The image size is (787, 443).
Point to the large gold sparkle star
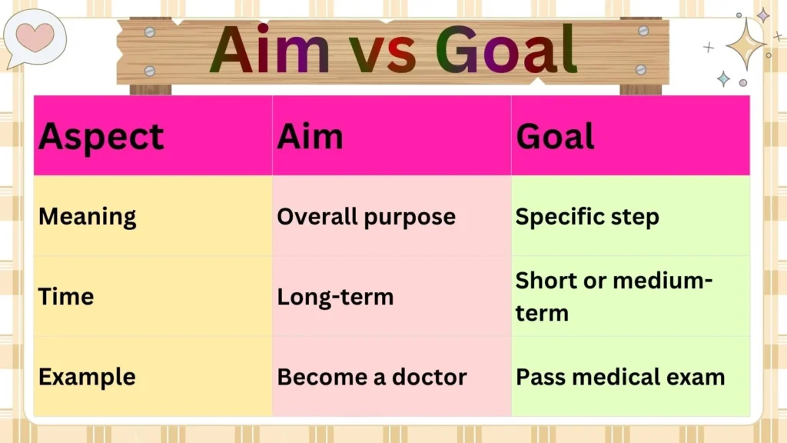click(745, 44)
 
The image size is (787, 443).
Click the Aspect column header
click(101, 137)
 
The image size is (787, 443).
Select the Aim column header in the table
click(310, 137)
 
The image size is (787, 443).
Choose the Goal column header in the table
click(555, 137)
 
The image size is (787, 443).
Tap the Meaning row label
click(87, 217)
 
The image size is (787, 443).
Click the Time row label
click(66, 297)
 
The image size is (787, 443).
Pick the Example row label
click(87, 377)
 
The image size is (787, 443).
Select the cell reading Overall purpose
click(366, 217)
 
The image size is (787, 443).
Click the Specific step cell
click(587, 217)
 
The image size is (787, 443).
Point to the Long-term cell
click(335, 297)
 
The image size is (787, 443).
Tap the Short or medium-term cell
click(613, 297)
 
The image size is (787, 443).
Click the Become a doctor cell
click(372, 377)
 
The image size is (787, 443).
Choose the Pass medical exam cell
click(620, 377)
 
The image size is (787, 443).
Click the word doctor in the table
click(430, 377)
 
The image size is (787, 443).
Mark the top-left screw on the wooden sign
click(150, 32)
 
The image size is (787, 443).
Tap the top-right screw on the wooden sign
click(643, 31)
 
